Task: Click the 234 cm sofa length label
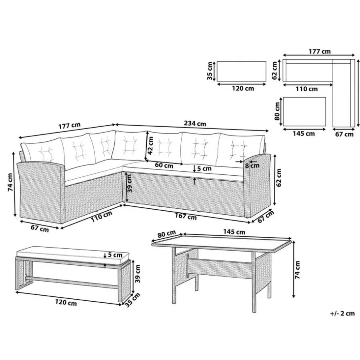(x=195, y=124)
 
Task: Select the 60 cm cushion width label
(x=164, y=165)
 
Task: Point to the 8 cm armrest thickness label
(x=252, y=165)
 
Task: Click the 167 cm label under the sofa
(x=186, y=216)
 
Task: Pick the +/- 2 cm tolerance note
(x=342, y=313)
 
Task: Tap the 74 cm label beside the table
(x=297, y=270)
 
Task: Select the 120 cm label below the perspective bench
(x=66, y=302)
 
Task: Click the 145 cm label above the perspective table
(x=234, y=232)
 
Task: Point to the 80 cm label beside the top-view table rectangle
(x=277, y=111)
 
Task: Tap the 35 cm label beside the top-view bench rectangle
(x=210, y=71)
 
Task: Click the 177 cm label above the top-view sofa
(x=319, y=51)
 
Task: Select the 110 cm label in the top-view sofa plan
(x=306, y=89)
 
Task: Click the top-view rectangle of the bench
(x=241, y=71)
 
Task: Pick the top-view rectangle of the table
(x=304, y=112)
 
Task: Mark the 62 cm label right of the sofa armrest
(x=279, y=178)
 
